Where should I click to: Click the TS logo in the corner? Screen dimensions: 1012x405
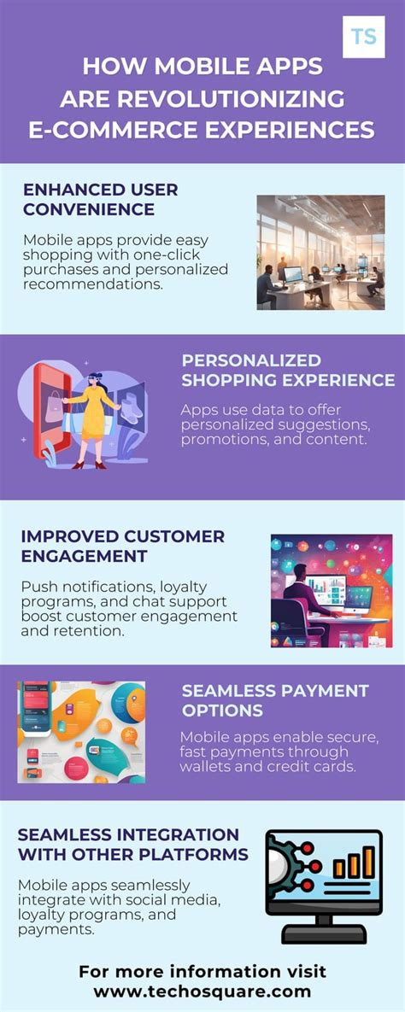[363, 37]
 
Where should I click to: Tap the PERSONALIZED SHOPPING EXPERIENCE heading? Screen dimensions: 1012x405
[287, 370]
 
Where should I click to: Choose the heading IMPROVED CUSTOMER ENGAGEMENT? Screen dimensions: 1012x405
[122, 547]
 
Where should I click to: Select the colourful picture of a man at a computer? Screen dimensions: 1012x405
[331, 590]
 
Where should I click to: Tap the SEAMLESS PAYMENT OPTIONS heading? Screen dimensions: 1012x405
[274, 700]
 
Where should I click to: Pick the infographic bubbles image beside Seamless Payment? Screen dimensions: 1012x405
[81, 732]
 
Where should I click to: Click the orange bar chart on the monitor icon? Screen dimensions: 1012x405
[354, 864]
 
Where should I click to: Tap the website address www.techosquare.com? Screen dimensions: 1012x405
[202, 992]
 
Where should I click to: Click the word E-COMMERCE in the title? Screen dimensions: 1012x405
[111, 129]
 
